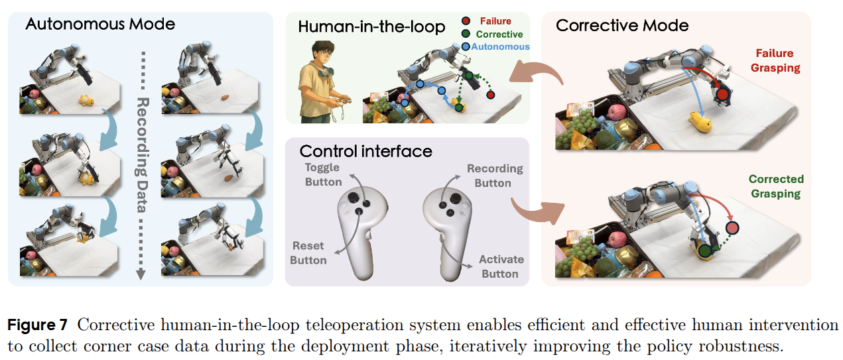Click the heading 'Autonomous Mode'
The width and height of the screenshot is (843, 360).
[x=100, y=25]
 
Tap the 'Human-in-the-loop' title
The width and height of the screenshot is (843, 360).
[x=362, y=27]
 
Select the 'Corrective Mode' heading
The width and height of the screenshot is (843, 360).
[x=622, y=26]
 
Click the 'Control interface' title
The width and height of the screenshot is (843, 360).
[x=365, y=151]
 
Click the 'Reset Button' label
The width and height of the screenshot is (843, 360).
[x=308, y=253]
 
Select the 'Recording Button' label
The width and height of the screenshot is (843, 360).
[x=495, y=176]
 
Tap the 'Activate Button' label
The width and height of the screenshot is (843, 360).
[x=501, y=267]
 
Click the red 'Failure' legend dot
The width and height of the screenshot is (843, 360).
[x=466, y=22]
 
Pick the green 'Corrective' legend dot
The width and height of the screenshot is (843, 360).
[x=466, y=34]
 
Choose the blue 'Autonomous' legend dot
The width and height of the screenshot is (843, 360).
[x=466, y=47]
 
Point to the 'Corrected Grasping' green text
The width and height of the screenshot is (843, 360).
[x=776, y=186]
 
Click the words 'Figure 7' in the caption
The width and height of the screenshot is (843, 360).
[x=38, y=325]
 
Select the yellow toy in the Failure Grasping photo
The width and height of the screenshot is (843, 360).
[x=700, y=122]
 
